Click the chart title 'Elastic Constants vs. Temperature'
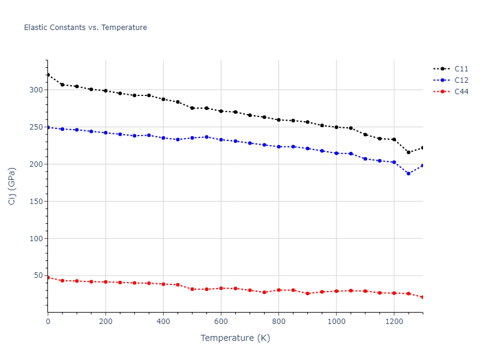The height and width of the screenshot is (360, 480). click(85, 28)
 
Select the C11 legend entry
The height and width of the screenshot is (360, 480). click(461, 69)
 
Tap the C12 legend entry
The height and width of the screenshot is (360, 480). click(461, 80)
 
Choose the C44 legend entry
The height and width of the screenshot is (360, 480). click(461, 92)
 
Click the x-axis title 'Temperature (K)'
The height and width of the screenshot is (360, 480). click(235, 338)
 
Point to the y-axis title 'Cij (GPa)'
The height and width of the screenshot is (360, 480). click(12, 186)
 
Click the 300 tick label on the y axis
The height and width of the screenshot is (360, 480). click(37, 90)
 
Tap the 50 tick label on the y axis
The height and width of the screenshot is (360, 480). click(40, 275)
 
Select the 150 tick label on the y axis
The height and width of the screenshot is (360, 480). click(37, 201)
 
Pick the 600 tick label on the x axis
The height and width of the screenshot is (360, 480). click(221, 322)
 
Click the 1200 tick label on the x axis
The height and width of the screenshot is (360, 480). click(394, 322)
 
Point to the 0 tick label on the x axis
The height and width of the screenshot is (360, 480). click(48, 322)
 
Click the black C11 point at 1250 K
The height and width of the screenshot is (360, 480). click(409, 152)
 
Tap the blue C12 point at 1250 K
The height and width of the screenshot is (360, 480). click(409, 173)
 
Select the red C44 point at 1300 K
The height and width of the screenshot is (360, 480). click(422, 297)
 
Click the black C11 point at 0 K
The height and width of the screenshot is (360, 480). click(48, 75)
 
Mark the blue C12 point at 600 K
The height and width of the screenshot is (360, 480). click(221, 140)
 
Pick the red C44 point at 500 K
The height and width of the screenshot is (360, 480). click(192, 289)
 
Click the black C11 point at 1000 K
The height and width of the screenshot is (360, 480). click(336, 127)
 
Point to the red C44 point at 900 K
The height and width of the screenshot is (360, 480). click(307, 293)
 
